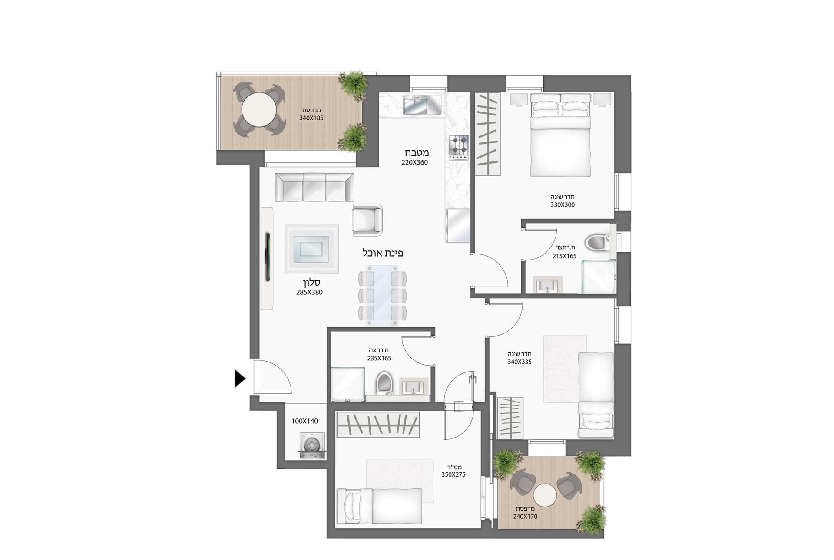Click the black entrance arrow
pyautogui.click(x=239, y=378)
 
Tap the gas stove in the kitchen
pyautogui.click(x=459, y=147)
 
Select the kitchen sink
pyautogui.click(x=416, y=105)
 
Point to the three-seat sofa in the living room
pyautogui.click(x=314, y=187)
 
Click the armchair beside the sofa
pyautogui.click(x=367, y=220)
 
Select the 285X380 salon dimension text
pyautogui.click(x=309, y=292)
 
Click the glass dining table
pyautogui.click(x=382, y=295)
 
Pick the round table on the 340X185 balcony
pyautogui.click(x=259, y=109)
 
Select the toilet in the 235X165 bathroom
pyautogui.click(x=384, y=382)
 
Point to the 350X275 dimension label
pyautogui.click(x=453, y=474)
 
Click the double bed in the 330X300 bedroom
pyautogui.click(x=560, y=137)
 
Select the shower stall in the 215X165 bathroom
pyautogui.click(x=599, y=277)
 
